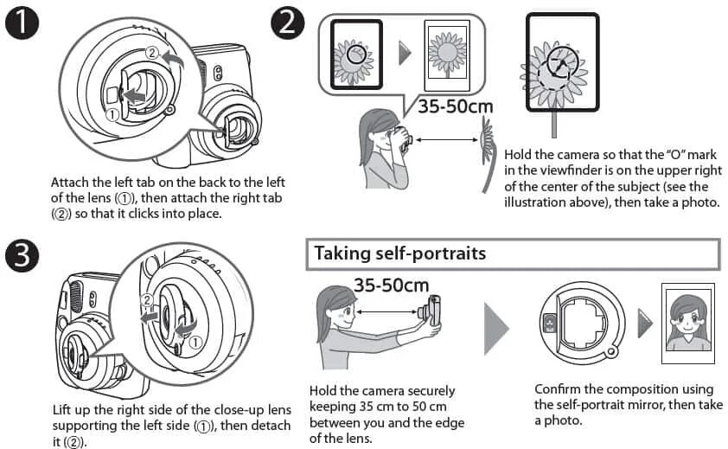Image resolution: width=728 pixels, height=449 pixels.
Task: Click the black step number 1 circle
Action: pyautogui.click(x=23, y=25)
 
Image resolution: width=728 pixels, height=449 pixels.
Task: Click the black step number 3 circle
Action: pyautogui.click(x=23, y=256)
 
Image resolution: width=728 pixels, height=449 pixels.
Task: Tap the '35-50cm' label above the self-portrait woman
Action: pyautogui.click(x=391, y=284)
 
